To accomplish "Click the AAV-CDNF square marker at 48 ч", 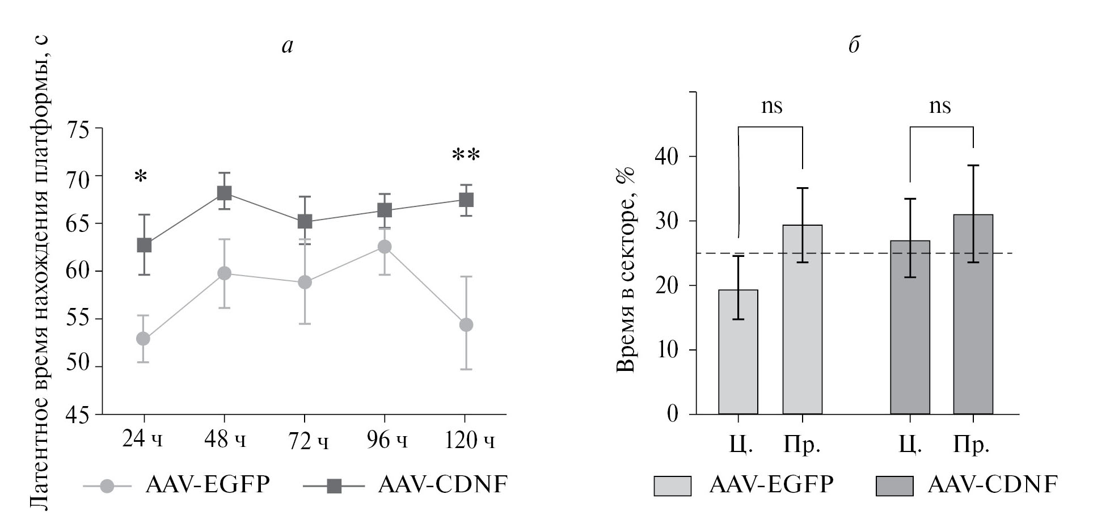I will (x=224, y=193).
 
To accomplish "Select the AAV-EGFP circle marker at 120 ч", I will (x=466, y=325).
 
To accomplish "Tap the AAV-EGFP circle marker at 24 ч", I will (x=144, y=339).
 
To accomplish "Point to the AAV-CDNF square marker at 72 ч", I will (x=305, y=221).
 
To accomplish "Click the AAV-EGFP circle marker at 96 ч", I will (x=385, y=247).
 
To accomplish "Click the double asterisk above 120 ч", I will (x=466, y=155).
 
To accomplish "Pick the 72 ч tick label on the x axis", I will (x=307, y=441).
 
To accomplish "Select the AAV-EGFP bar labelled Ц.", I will (x=738, y=352).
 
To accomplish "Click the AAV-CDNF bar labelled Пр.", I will (x=973, y=314).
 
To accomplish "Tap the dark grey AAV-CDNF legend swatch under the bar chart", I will (x=894, y=486).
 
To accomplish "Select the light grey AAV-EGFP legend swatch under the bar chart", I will (x=672, y=486).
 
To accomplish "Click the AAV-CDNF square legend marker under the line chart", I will (x=335, y=486).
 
